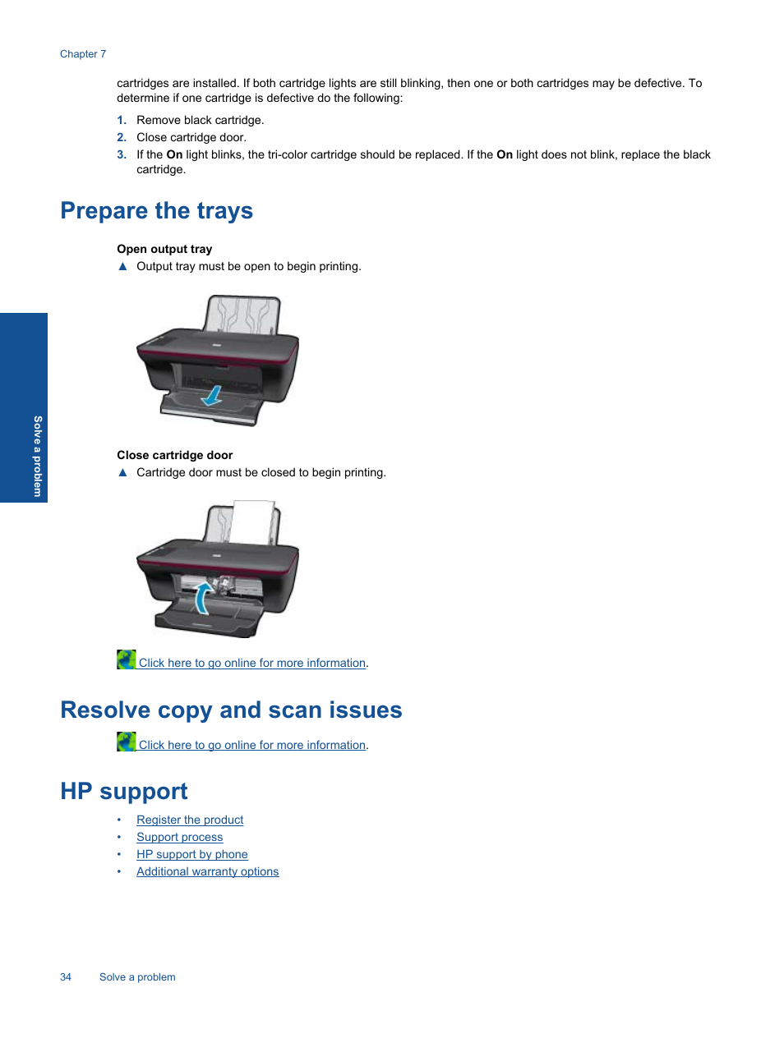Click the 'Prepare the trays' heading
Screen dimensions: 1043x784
coord(156,211)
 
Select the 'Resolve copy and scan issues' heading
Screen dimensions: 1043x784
coord(231,710)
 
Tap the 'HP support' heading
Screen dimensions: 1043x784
coord(123,791)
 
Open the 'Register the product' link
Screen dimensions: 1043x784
coord(190,820)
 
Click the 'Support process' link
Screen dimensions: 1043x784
coord(179,837)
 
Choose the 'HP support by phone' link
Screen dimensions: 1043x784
coord(191,854)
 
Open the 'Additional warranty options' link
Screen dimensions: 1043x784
coord(207,871)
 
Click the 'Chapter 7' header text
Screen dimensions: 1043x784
coord(83,54)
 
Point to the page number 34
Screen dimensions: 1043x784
coord(66,977)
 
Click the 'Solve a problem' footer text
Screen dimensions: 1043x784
coord(137,977)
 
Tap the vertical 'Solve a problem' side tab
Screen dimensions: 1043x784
coord(37,456)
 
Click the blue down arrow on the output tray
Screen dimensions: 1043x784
coord(212,396)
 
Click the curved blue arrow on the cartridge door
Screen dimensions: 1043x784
coord(202,598)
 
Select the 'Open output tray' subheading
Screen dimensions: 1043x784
coord(164,249)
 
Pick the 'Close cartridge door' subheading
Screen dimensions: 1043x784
coord(174,455)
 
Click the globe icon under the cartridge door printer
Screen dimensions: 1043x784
coord(126,659)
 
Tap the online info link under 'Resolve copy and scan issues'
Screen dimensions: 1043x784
coord(251,745)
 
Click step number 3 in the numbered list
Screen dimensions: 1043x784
coord(122,154)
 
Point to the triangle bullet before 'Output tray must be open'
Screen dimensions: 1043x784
coord(122,266)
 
